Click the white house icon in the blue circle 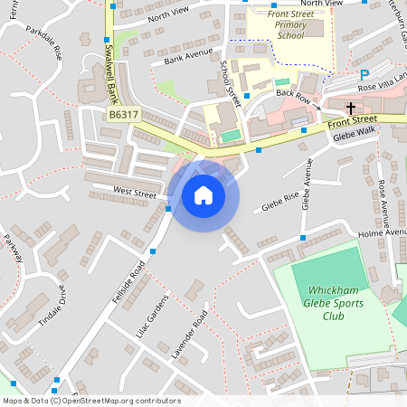[203, 194]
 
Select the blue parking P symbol [364, 75]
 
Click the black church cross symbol [351, 108]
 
